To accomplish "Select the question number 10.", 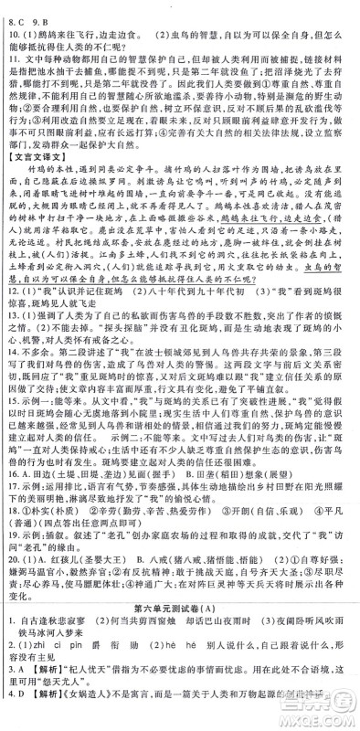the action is (12, 31).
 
